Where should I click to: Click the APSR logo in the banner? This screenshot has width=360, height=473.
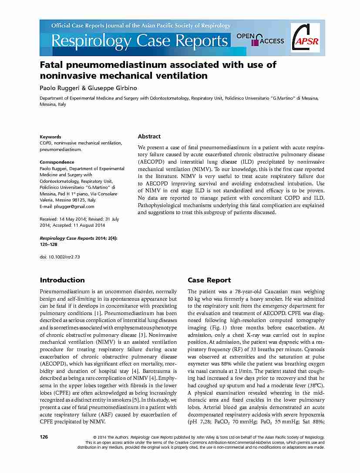click(x=305, y=38)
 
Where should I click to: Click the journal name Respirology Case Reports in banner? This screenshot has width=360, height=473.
click(x=139, y=41)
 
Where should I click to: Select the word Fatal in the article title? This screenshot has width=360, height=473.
click(x=51, y=65)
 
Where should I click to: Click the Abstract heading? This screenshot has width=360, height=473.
click(x=149, y=136)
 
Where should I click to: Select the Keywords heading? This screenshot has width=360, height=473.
click(x=50, y=137)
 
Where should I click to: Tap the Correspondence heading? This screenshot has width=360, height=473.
click(x=57, y=162)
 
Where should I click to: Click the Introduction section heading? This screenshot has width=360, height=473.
click(x=62, y=280)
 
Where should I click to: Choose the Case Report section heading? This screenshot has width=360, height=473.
click(x=209, y=280)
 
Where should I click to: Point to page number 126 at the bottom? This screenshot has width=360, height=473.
click(x=44, y=436)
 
